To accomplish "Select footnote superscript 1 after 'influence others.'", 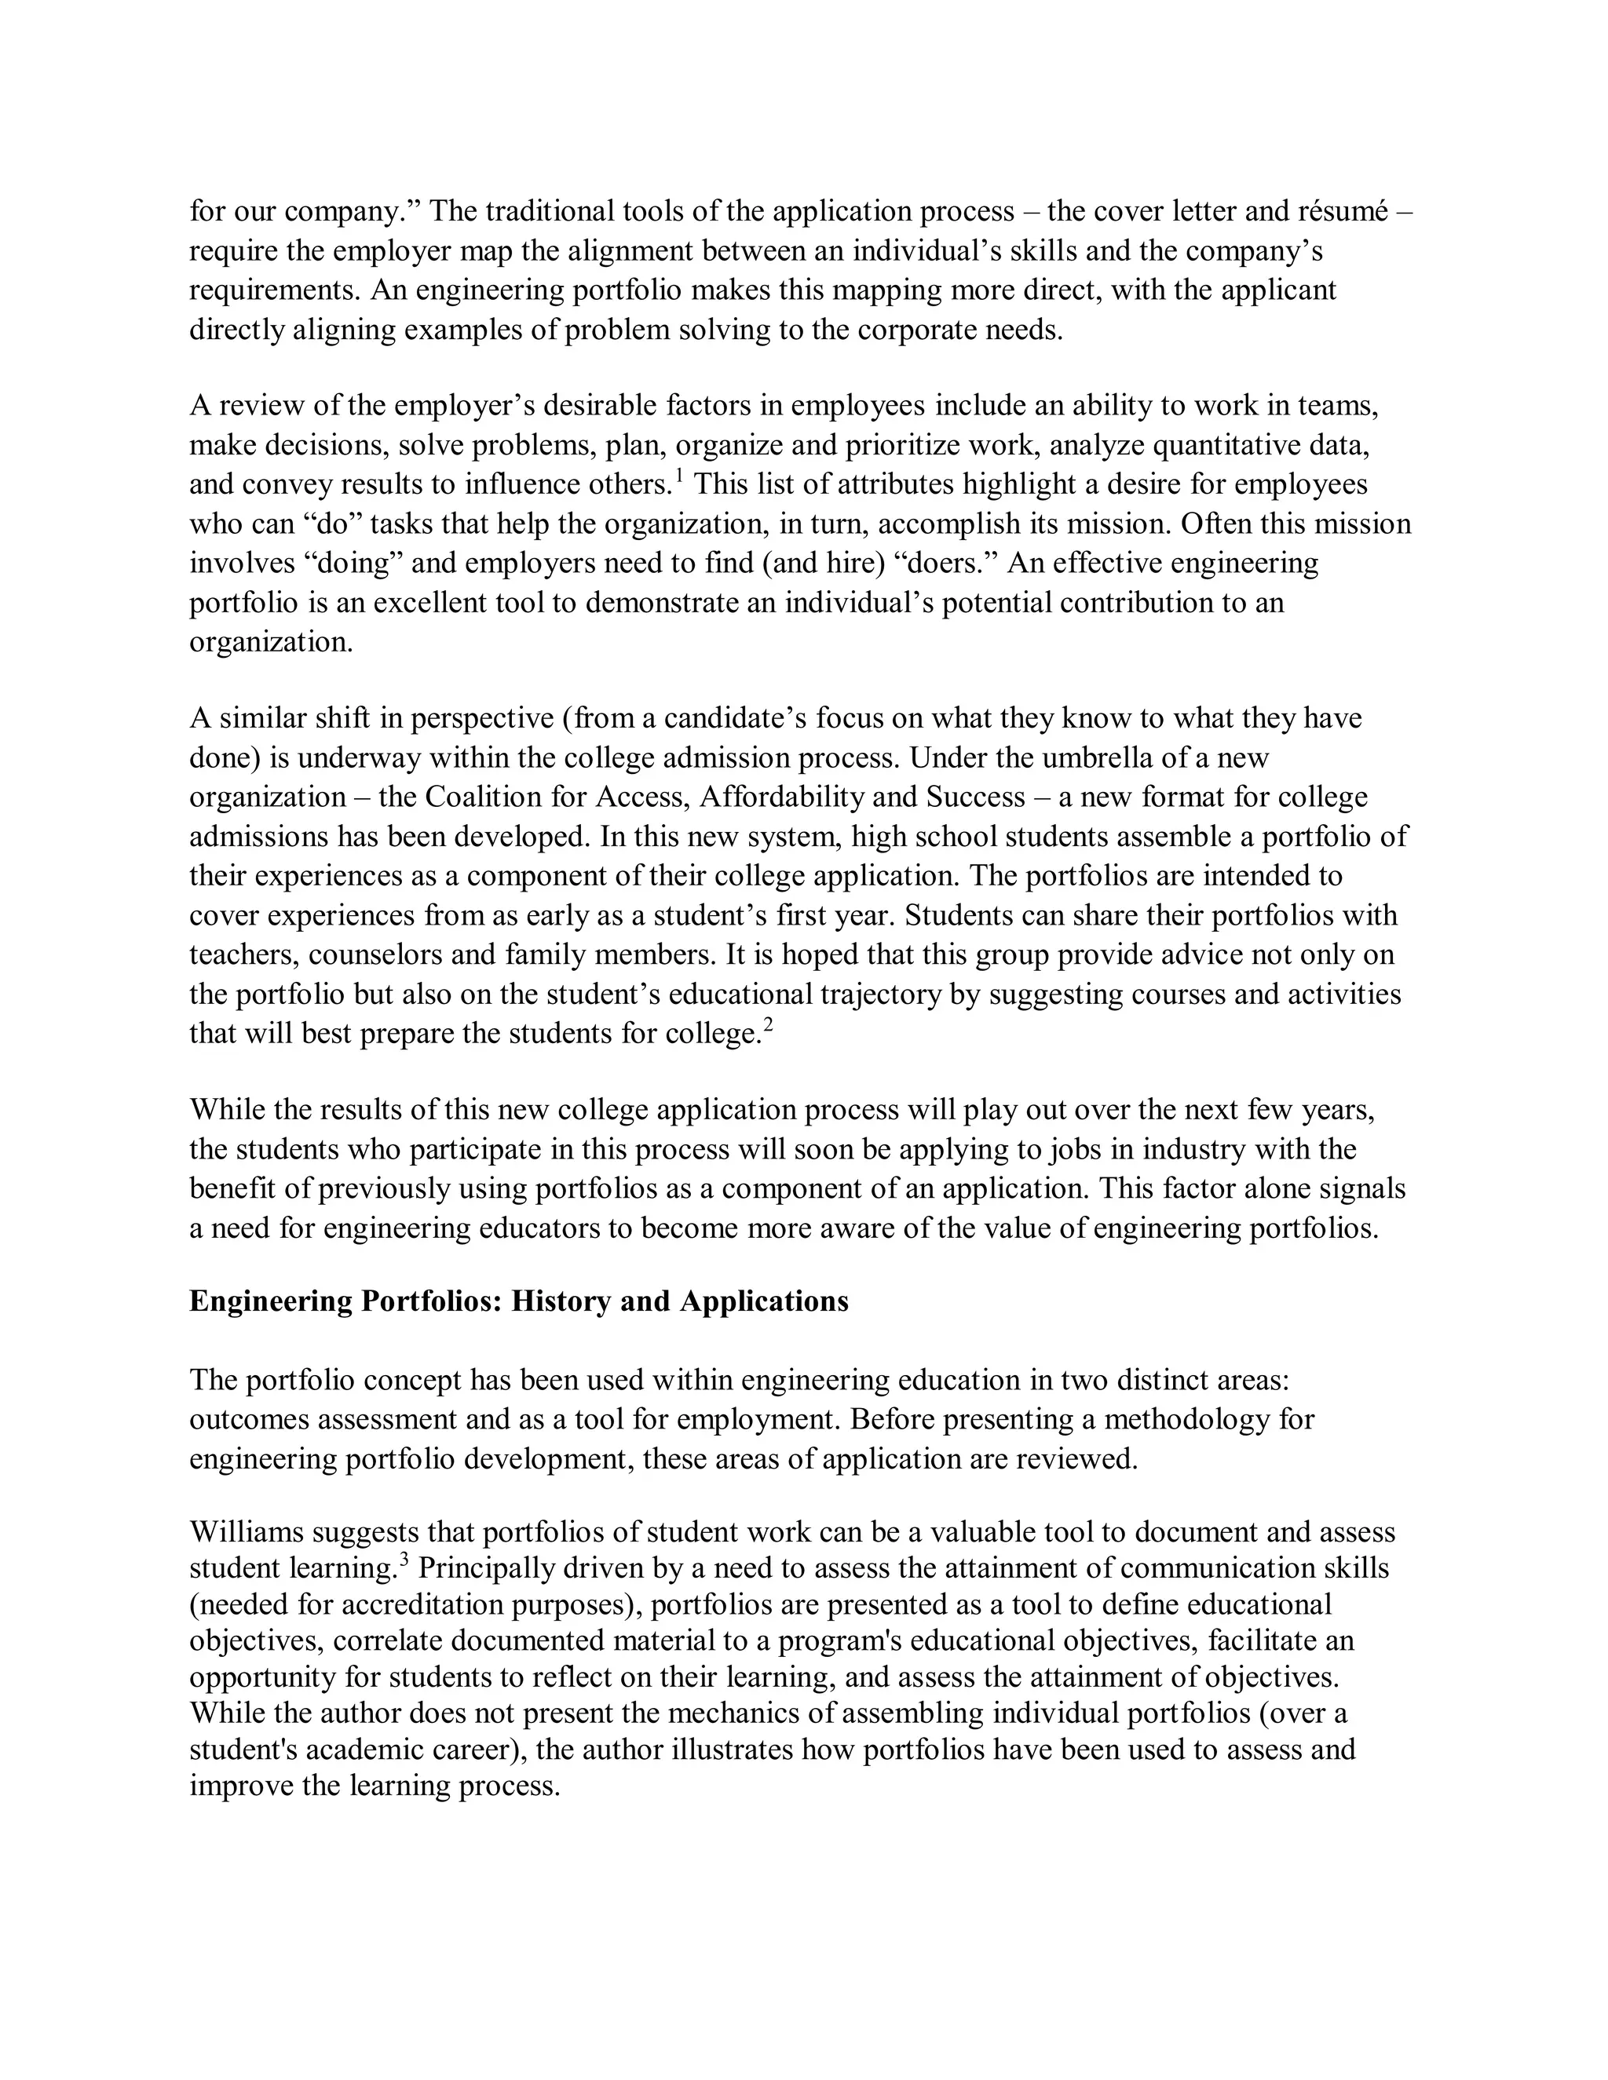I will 678,473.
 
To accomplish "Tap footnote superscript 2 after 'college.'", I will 768,1025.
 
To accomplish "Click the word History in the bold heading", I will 560,1301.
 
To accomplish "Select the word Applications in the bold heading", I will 764,1301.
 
